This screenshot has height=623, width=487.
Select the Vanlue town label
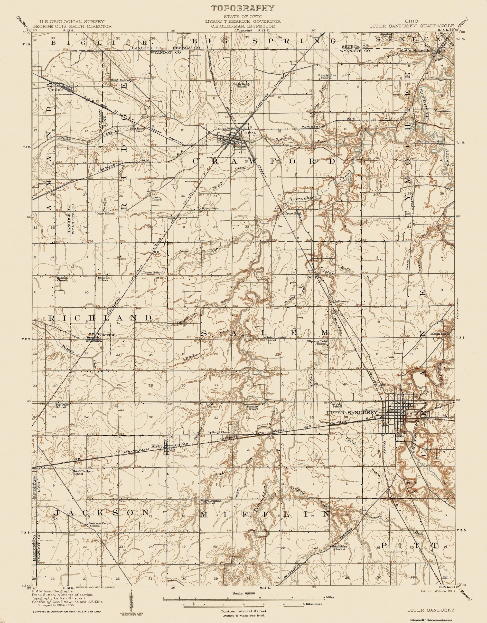53,89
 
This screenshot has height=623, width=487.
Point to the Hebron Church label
62,279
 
